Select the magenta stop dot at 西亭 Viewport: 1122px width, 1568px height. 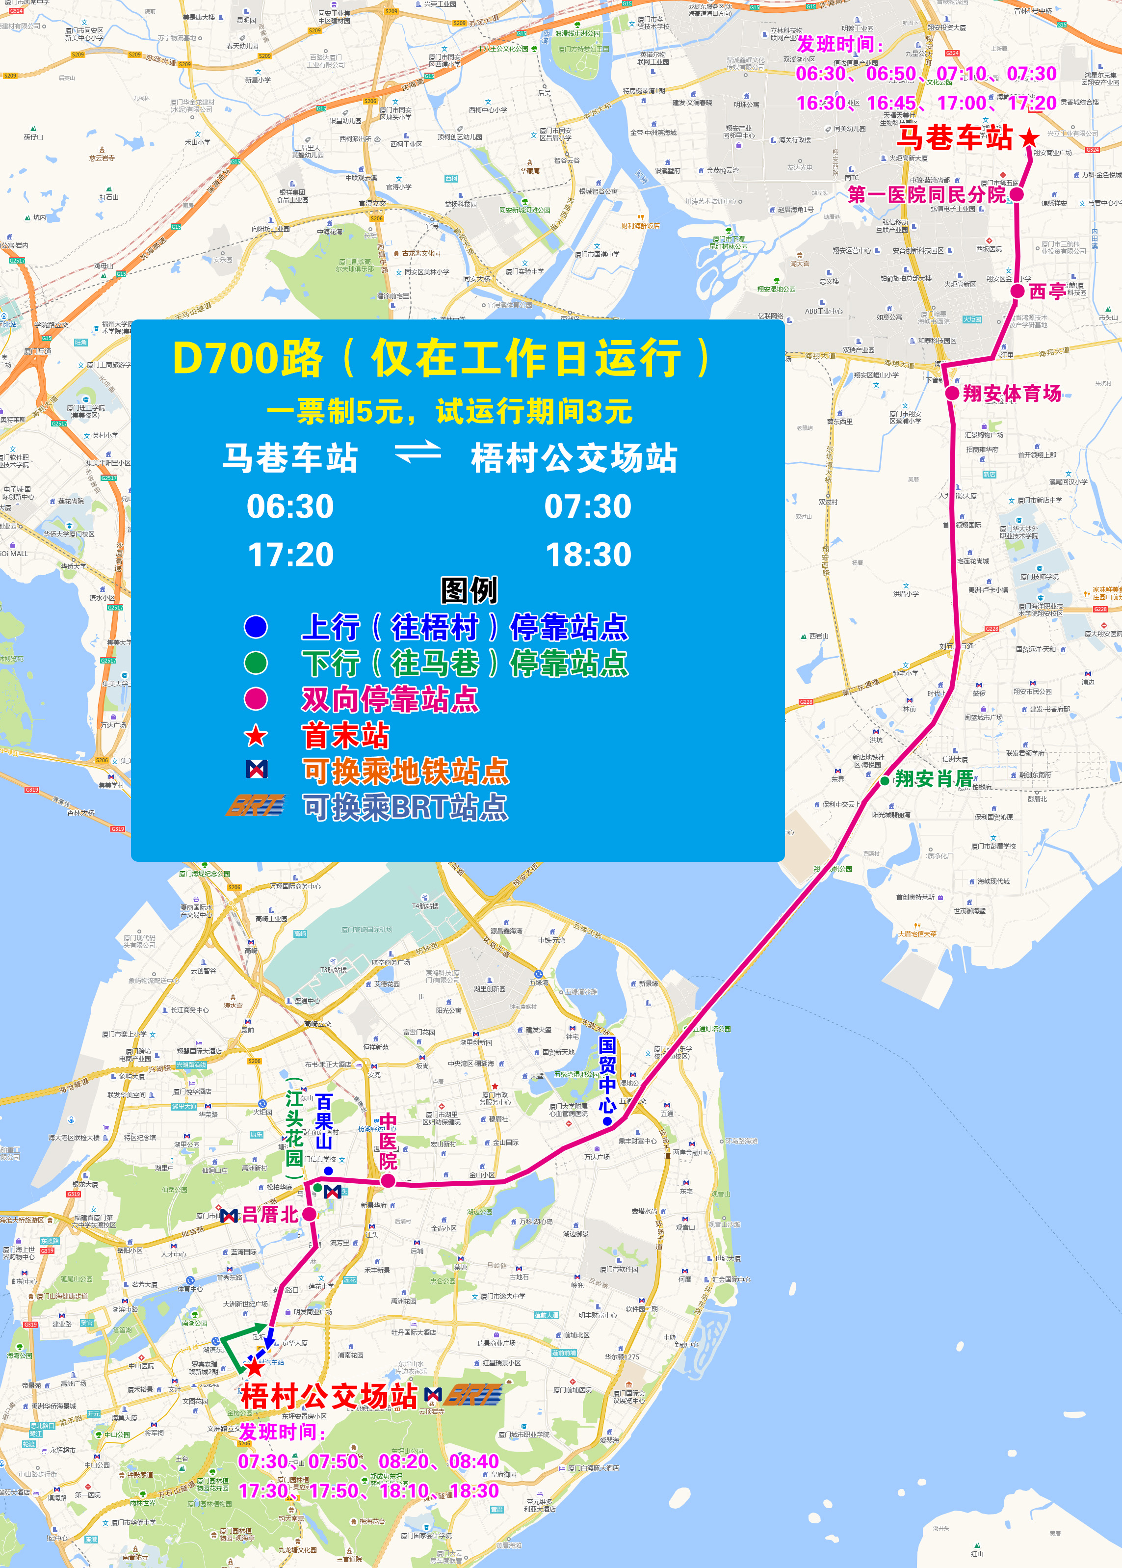point(1017,292)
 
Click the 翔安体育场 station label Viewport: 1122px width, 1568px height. point(1012,393)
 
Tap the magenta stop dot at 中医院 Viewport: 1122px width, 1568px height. point(388,1181)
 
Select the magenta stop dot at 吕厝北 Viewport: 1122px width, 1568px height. point(310,1214)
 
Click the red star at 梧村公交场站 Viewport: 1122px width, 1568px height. point(255,1366)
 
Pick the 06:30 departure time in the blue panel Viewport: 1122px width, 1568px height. point(290,506)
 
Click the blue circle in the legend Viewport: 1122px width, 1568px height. point(256,627)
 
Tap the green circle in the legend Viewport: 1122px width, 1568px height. point(256,663)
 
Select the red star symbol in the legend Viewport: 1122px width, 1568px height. point(256,736)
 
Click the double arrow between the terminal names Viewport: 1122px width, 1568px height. point(417,453)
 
